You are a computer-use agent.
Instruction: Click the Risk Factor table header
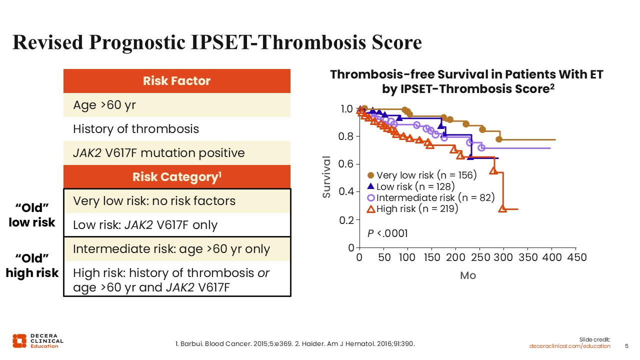(x=176, y=81)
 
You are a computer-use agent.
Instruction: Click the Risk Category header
(x=176, y=177)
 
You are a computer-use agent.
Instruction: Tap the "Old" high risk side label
(x=32, y=265)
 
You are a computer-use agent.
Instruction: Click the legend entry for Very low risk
(x=422, y=175)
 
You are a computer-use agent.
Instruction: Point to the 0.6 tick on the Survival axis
(x=346, y=164)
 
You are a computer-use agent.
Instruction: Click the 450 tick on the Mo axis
(x=577, y=257)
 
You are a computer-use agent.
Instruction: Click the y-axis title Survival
(x=326, y=177)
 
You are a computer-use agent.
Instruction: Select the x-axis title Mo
(x=468, y=275)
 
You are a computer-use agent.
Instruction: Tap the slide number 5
(x=627, y=346)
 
